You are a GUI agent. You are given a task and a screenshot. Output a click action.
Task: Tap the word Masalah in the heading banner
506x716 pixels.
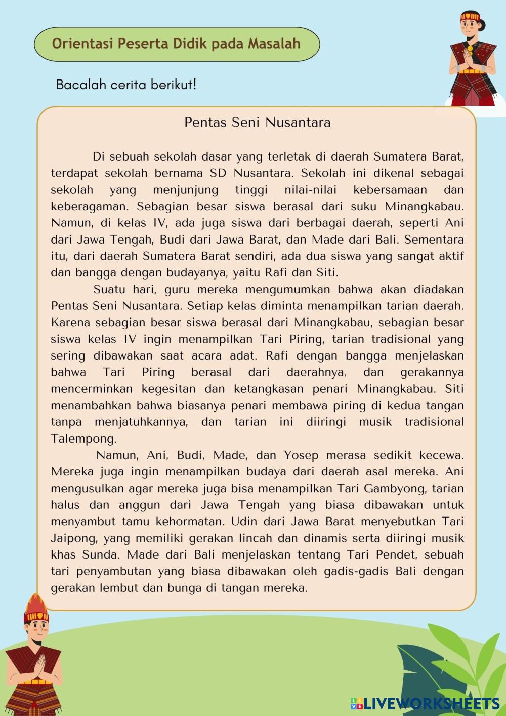[274, 44]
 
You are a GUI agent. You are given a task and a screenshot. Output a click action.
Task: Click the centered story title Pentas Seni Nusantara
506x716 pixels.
[257, 123]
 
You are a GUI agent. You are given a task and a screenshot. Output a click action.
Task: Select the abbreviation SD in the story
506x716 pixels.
[218, 173]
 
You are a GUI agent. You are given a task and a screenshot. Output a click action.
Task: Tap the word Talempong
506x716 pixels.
[83, 439]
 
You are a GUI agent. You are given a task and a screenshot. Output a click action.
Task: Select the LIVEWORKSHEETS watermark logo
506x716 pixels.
[425, 703]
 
